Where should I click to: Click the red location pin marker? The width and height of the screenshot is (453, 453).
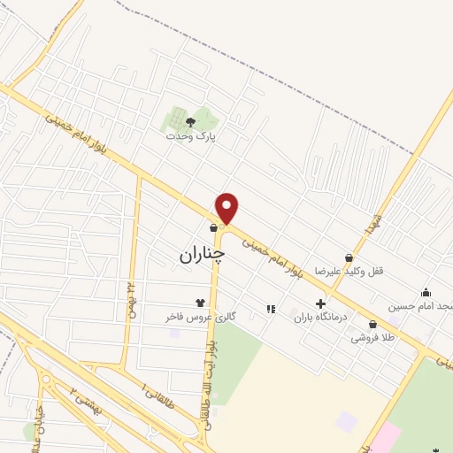click(227, 208)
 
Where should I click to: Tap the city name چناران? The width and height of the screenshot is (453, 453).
click(202, 255)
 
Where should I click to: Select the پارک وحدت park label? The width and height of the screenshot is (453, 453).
click(190, 137)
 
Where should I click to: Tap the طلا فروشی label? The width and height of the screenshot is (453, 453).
click(372, 337)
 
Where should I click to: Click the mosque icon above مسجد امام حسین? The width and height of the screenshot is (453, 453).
click(426, 293)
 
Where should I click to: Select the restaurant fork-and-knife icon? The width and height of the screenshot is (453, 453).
click(270, 309)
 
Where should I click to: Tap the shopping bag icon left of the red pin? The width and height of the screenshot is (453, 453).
click(213, 228)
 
